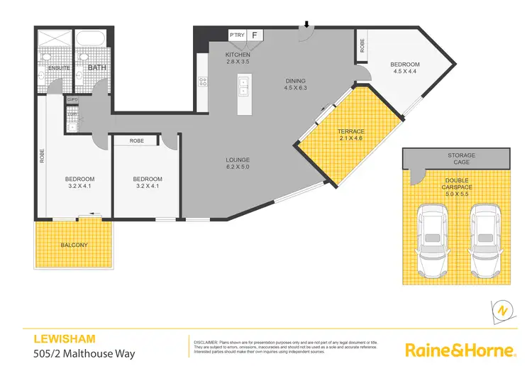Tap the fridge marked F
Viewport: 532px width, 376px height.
[x=255, y=34]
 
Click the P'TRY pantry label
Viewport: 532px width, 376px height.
[x=235, y=34]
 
